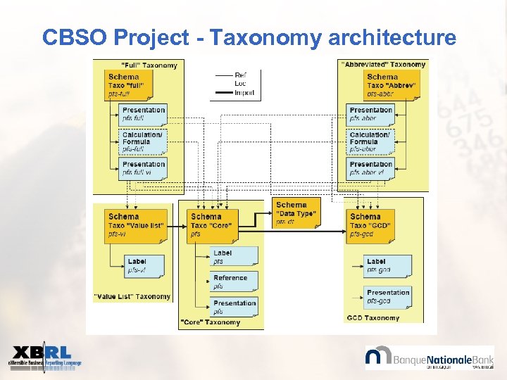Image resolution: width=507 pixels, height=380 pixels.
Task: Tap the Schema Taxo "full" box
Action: (x=127, y=85)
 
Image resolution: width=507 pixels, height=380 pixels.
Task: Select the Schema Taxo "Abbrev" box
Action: (x=389, y=85)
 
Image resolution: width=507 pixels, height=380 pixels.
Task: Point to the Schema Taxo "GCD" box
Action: (x=373, y=225)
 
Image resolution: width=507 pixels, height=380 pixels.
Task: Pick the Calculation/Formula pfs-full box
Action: (x=143, y=141)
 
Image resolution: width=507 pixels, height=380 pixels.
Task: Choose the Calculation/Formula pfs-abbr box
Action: (x=370, y=141)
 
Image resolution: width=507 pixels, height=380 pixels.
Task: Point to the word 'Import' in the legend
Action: (x=244, y=92)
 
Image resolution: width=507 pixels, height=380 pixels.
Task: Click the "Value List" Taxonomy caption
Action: (x=132, y=297)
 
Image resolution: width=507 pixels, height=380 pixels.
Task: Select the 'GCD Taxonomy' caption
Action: (x=373, y=318)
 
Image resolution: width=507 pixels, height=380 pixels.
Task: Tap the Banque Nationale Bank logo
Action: (x=429, y=357)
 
